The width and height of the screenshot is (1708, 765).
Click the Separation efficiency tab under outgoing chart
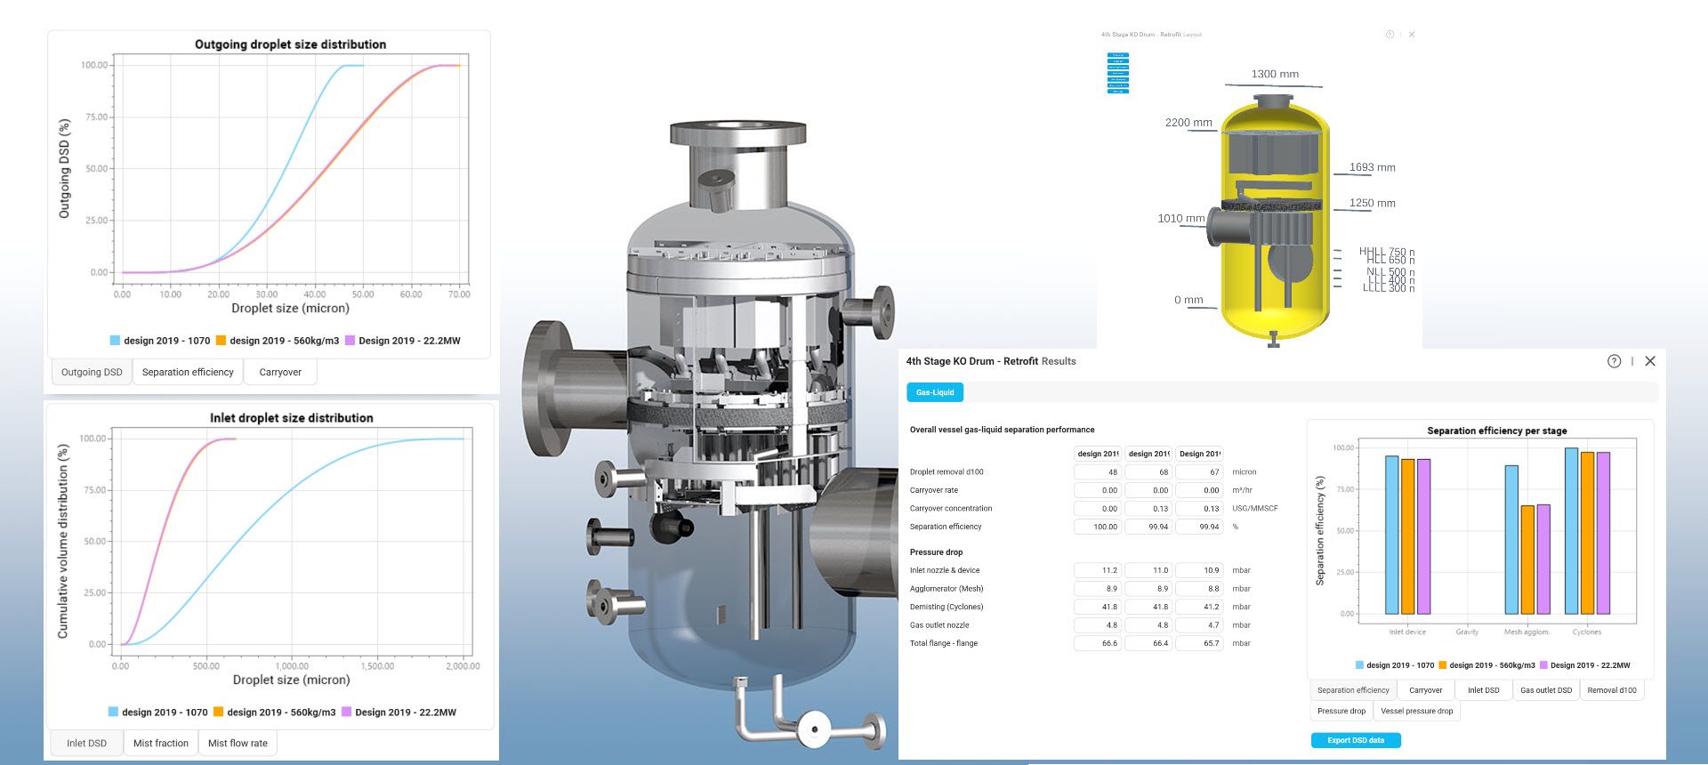(x=188, y=372)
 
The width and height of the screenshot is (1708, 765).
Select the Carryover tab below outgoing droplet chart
(x=280, y=372)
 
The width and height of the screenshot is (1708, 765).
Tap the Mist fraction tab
(x=161, y=743)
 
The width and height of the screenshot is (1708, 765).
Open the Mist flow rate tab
(x=238, y=743)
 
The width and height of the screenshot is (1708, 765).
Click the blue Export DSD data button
(x=1355, y=740)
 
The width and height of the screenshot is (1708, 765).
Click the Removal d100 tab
(x=1611, y=690)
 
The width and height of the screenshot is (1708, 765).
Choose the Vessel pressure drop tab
(x=1416, y=711)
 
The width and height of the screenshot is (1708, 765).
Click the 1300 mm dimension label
(x=1275, y=74)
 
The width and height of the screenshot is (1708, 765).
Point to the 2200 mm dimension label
(x=1188, y=123)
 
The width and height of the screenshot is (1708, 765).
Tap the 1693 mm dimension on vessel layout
(x=1372, y=167)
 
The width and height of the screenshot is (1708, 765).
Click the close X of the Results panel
(x=1650, y=361)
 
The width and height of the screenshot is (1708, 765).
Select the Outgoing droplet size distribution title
(x=290, y=44)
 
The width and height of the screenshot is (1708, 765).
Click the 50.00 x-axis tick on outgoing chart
(x=363, y=294)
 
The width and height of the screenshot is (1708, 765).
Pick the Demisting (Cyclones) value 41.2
(x=1199, y=607)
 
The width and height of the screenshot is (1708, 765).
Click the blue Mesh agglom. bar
(x=1511, y=540)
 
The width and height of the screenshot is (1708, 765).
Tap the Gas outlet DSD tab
(x=1545, y=690)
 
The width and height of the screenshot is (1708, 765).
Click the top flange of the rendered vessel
(x=737, y=134)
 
